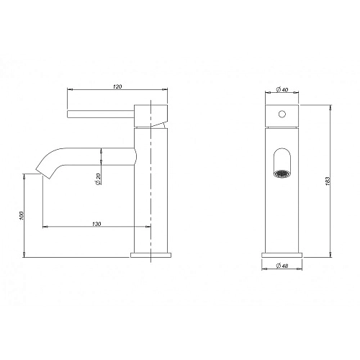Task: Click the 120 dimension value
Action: (x=117, y=86)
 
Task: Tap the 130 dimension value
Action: (x=96, y=224)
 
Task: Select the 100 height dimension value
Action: (x=22, y=216)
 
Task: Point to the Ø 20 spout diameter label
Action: (x=98, y=179)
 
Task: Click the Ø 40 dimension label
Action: (x=282, y=90)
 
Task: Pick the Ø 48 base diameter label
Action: (x=282, y=266)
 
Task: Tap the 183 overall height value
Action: (x=328, y=181)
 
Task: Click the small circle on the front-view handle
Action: (x=282, y=114)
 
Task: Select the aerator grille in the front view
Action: (x=282, y=174)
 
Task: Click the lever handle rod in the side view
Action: (x=100, y=114)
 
